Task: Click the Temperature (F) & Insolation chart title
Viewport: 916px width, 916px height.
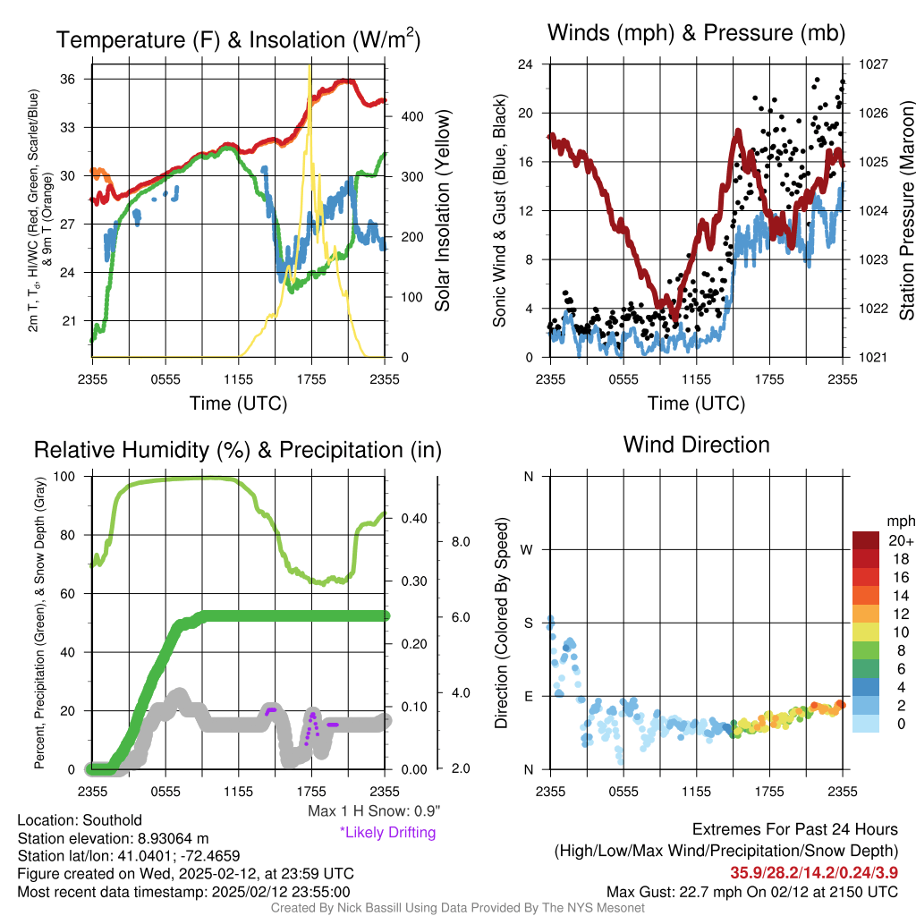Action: point(238,39)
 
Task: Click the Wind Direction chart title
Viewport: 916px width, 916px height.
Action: point(696,444)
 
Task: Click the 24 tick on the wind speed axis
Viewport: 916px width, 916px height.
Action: point(526,64)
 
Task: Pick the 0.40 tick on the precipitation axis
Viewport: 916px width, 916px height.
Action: point(411,518)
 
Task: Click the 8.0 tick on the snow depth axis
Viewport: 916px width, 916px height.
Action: point(460,542)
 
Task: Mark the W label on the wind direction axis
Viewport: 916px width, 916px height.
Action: point(528,549)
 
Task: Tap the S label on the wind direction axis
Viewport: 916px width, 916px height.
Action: point(528,623)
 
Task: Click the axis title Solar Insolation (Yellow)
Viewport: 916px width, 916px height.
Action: point(443,211)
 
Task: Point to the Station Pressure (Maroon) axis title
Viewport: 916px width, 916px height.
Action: point(905,211)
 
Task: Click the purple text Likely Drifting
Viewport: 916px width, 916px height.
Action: point(387,833)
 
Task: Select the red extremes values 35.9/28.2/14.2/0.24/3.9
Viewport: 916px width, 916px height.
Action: point(814,872)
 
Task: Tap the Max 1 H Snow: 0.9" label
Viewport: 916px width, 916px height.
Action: point(374,811)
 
